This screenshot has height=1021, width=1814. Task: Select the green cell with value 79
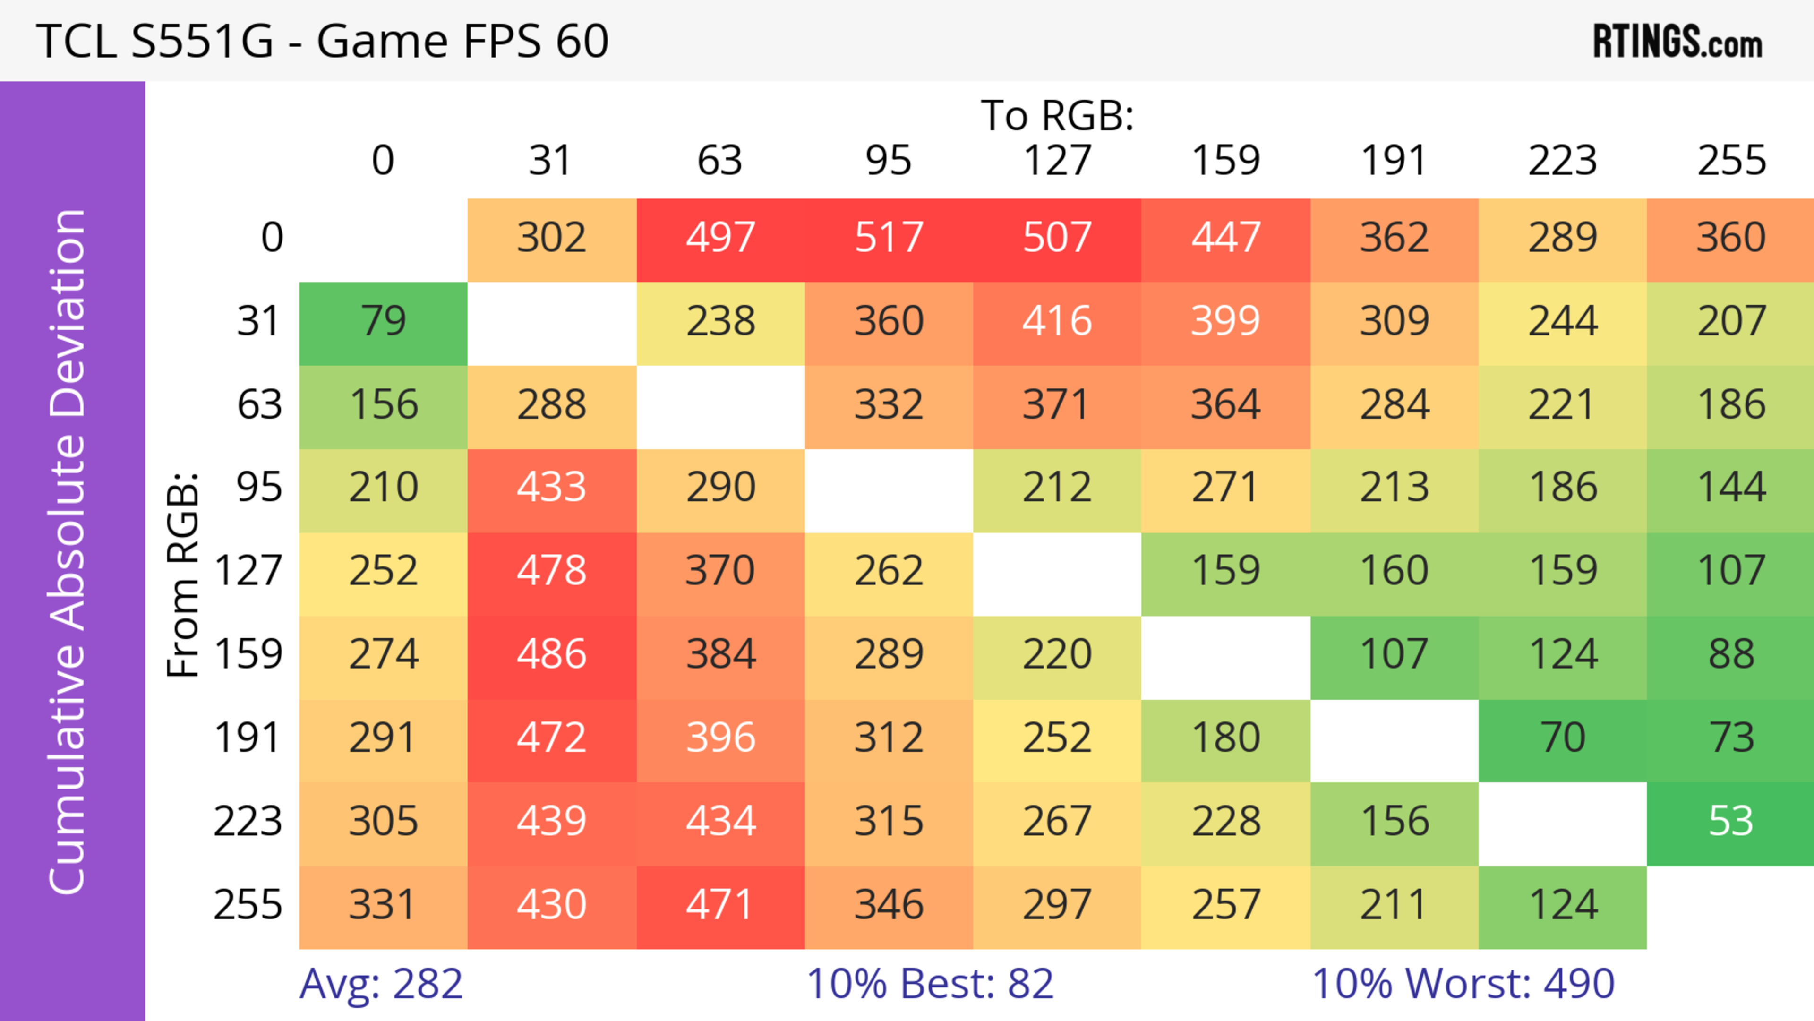tap(383, 322)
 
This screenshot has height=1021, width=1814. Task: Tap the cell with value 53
tap(1730, 822)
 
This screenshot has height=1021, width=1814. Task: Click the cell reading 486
tap(551, 655)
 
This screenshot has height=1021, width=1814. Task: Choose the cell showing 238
tap(720, 322)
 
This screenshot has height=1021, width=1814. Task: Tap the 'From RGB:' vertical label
tap(183, 574)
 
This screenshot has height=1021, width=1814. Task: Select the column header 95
tap(889, 161)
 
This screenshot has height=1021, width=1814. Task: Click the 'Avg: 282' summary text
tap(381, 984)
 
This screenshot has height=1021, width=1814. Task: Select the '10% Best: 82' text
tap(930, 984)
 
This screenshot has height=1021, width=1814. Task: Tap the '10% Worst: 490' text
tap(1463, 984)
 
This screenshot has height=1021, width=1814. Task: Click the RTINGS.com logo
tap(1677, 42)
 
